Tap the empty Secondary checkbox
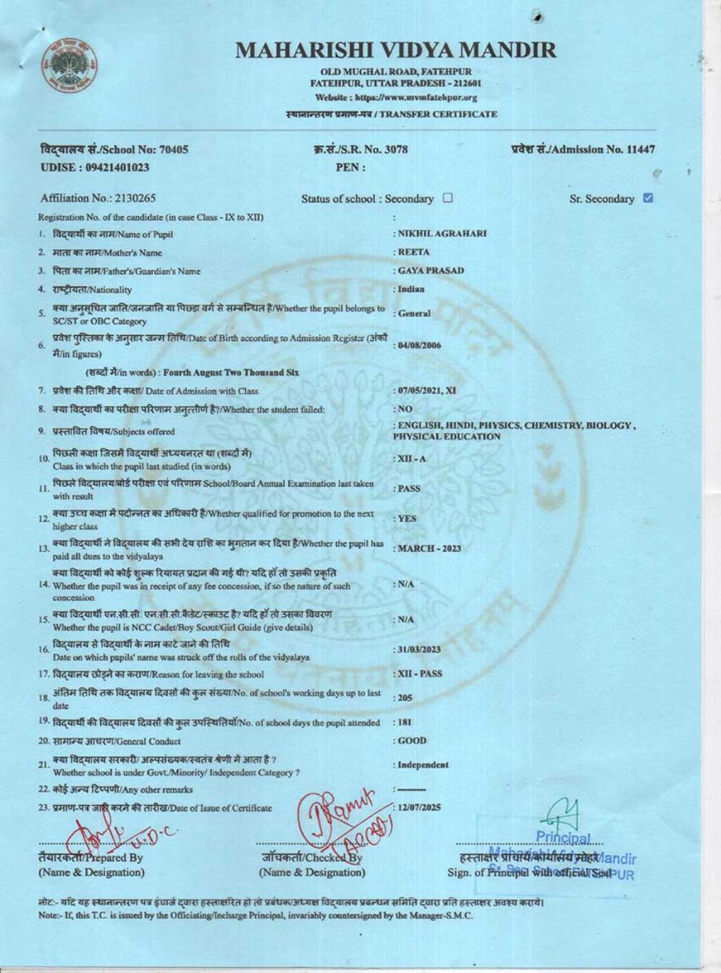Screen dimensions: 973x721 point(448,198)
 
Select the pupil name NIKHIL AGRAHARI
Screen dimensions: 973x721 point(443,234)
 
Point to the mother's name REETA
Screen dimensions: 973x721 point(414,252)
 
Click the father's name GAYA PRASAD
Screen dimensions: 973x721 point(431,271)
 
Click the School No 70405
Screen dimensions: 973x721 point(172,149)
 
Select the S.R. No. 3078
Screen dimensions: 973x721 point(396,149)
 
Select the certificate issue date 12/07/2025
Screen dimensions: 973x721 point(420,808)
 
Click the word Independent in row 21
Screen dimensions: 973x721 point(423,765)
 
